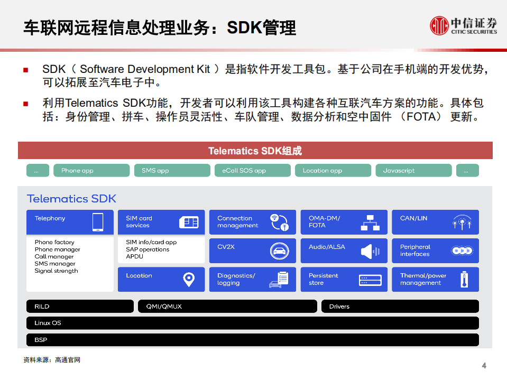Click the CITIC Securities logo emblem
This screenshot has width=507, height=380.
pyautogui.click(x=439, y=25)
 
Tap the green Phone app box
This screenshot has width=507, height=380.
pyautogui.click(x=91, y=171)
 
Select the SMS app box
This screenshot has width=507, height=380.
pyautogui.click(x=172, y=171)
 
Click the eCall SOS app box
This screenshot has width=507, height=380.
pyautogui.click(x=253, y=171)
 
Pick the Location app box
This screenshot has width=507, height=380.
pyautogui.click(x=333, y=171)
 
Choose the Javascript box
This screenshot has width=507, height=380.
pyautogui.click(x=413, y=171)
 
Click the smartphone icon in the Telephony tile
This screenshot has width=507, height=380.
pyautogui.click(x=98, y=222)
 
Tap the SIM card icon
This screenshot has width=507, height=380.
pyautogui.click(x=189, y=222)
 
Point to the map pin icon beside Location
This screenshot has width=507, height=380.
pyautogui.click(x=189, y=279)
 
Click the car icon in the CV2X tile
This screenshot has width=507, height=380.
pyautogui.click(x=280, y=251)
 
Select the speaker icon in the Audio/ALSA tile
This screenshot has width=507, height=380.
pyautogui.click(x=370, y=251)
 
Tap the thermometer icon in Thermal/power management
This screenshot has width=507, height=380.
pyautogui.click(x=464, y=279)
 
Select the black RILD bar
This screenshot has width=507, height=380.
pyautogui.click(x=80, y=307)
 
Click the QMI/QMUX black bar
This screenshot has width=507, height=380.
pyautogui.click(x=227, y=307)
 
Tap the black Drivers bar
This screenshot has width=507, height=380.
pyautogui.click(x=400, y=307)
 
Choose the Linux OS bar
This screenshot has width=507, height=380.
pyautogui.click(x=253, y=323)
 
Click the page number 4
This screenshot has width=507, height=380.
pyautogui.click(x=484, y=366)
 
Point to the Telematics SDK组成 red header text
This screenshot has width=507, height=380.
pyautogui.click(x=255, y=151)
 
